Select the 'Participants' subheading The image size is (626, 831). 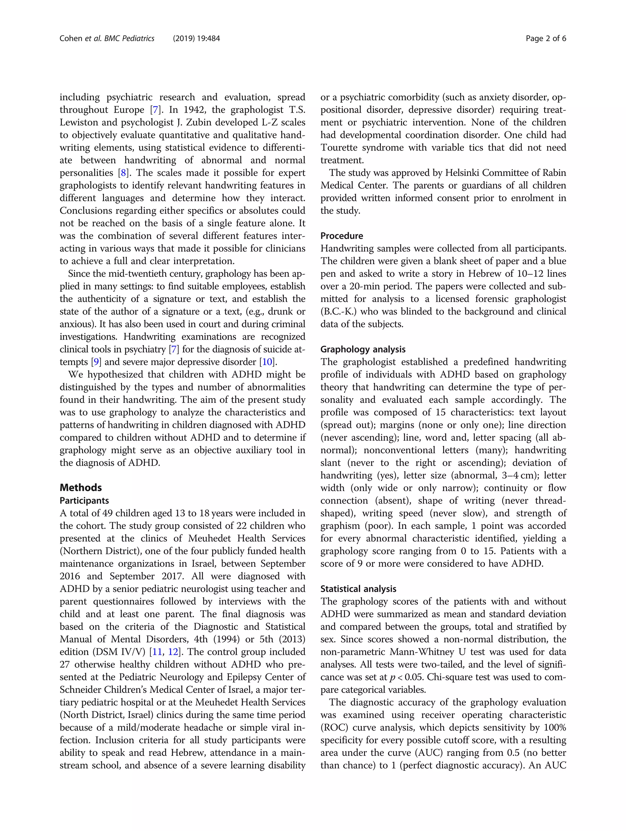point(84,501)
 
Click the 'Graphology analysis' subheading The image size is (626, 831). point(363,349)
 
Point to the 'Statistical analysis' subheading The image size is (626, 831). point(358,589)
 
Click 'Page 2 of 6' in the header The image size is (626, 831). point(546,38)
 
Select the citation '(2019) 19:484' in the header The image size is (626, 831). point(196,38)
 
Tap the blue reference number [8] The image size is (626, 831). point(123,173)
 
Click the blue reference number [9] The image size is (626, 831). point(96,362)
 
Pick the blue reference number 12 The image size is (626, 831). point(173,652)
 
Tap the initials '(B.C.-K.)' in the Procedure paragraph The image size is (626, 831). point(338,312)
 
